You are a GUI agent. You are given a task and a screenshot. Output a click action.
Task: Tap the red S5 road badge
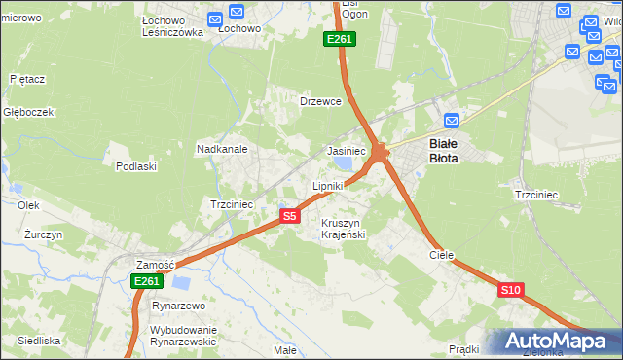point(289,216)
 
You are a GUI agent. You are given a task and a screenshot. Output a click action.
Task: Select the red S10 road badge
point(511,290)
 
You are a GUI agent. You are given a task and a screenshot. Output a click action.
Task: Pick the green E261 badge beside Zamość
point(146,281)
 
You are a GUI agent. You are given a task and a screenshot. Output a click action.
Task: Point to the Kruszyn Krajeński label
point(342,229)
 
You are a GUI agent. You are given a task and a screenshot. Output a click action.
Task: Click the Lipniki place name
point(328,185)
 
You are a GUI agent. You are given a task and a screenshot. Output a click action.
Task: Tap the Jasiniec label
point(346,152)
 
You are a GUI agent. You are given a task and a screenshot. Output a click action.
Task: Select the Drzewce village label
point(320,101)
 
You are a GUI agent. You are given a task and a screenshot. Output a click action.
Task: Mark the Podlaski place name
point(136,166)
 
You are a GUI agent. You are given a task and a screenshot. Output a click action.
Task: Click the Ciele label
point(442,255)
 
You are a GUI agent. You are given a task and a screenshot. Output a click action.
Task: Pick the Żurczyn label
point(44,235)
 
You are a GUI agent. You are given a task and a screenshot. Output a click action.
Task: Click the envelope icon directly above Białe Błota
point(451,121)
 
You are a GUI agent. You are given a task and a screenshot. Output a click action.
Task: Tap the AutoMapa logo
point(557,342)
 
